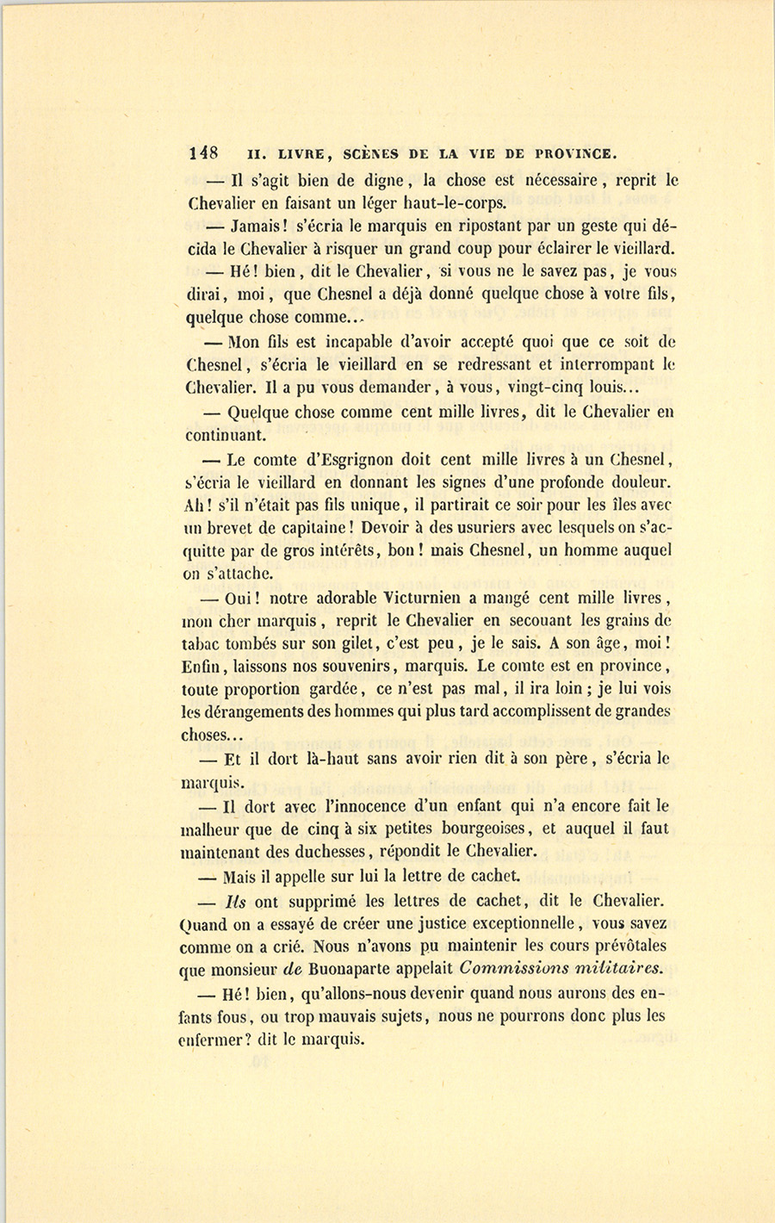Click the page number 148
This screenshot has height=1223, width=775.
(x=203, y=153)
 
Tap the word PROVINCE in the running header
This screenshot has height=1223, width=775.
(x=576, y=154)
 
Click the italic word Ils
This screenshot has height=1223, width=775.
(x=235, y=901)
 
